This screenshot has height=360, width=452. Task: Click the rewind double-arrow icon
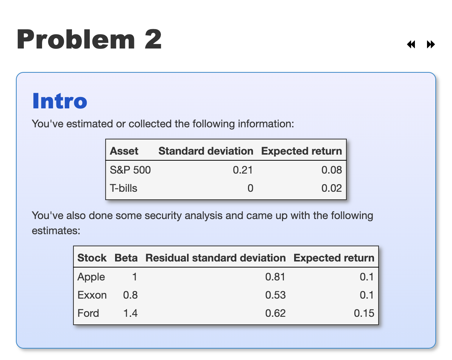point(411,45)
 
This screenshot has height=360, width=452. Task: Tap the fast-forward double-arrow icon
point(430,45)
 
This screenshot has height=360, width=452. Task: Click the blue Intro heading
point(59,101)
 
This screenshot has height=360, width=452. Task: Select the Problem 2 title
point(89,39)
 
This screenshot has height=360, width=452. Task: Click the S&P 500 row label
point(130,170)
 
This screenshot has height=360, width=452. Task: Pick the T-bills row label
point(123,188)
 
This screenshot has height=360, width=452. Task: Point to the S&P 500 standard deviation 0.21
point(243,170)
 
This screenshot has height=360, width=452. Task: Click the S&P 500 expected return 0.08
point(332,170)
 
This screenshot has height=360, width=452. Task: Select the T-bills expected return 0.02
point(332,188)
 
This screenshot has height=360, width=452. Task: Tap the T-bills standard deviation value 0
point(250,188)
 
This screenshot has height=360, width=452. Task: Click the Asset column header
point(124,151)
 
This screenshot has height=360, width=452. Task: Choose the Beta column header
point(126,258)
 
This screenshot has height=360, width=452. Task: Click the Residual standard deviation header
point(215,258)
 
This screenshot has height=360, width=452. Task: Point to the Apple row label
point(91,277)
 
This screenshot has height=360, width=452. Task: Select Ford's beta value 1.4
point(130,313)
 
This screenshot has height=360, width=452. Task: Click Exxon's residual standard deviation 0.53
point(275,295)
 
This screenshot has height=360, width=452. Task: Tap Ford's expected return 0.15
point(364,313)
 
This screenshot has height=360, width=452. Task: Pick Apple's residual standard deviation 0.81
point(275,277)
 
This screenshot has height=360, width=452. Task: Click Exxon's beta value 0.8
point(130,295)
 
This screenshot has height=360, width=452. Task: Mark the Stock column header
point(92,258)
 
